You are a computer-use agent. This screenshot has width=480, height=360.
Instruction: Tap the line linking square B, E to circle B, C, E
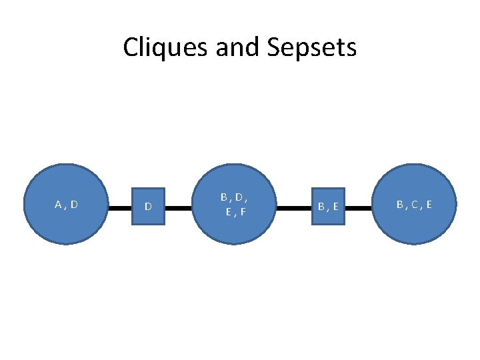[x=361, y=208]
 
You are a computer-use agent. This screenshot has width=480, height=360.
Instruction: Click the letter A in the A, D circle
[x=58, y=205]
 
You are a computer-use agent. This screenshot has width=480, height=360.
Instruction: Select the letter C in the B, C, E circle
[x=414, y=205]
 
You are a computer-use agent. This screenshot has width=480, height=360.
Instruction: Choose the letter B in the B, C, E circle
[x=401, y=205]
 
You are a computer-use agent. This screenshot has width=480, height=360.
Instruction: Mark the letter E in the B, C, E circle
[x=428, y=205]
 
